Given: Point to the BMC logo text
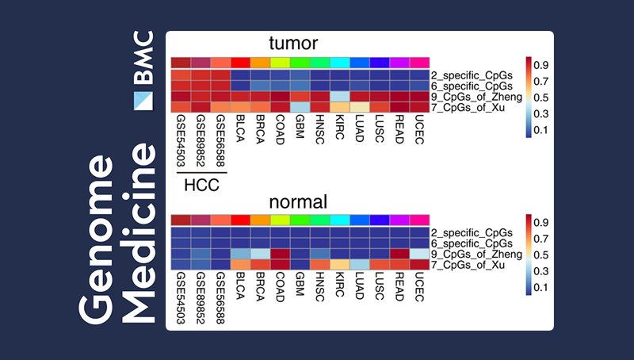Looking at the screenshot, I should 143,58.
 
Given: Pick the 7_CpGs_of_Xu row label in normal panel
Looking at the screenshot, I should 469,263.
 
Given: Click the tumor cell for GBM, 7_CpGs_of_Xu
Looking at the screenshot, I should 300,106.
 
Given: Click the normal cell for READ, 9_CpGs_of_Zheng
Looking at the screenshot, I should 399,253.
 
